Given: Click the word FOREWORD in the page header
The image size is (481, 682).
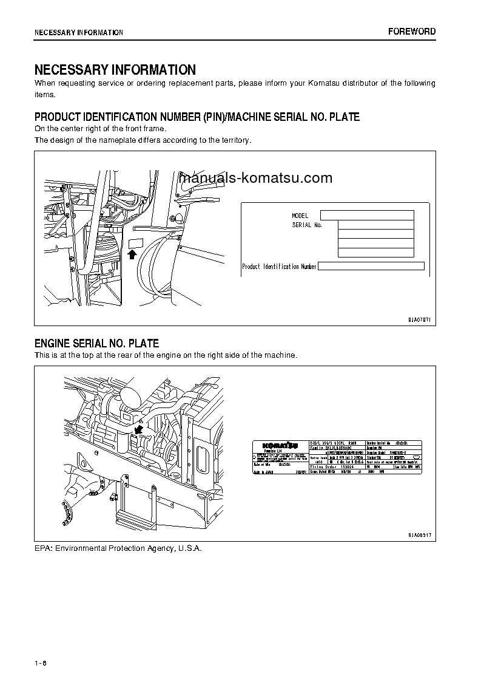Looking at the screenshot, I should tap(412, 32).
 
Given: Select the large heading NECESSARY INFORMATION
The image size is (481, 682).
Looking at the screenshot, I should tap(115, 70).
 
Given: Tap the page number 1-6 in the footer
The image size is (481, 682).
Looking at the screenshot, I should tap(41, 662).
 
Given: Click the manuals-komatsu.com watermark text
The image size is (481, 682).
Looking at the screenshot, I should tap(256, 178).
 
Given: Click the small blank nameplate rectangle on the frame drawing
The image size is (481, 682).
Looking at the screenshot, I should tap(135, 243).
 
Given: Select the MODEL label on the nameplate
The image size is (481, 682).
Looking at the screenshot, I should tap(300, 216).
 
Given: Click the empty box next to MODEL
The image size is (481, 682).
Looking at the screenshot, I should tap(366, 215).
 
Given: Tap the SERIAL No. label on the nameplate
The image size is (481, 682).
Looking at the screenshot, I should tap(306, 225).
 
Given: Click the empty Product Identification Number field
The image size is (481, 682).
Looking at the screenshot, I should tap(371, 266).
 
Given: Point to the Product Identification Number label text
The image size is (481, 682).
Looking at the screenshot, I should tap(279, 267).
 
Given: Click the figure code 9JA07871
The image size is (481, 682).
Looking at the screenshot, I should tap(419, 319).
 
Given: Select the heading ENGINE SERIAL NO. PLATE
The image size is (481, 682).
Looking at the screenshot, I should tap(96, 344).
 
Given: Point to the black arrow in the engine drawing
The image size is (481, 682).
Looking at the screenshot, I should tap(139, 430).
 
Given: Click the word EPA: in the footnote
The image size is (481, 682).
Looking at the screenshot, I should tap(44, 548).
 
